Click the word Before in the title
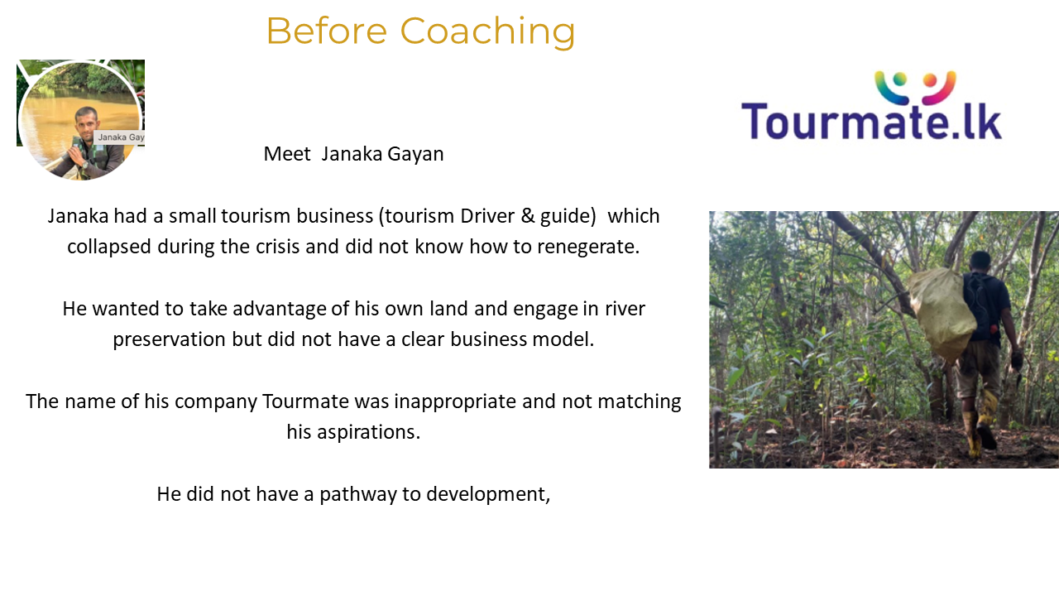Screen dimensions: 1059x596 click(327, 31)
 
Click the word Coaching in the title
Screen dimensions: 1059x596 click(487, 32)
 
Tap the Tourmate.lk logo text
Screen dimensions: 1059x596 click(871, 121)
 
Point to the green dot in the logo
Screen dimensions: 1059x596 click(899, 79)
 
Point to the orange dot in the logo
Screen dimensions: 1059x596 click(930, 80)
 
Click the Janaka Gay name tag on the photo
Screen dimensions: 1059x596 click(120, 137)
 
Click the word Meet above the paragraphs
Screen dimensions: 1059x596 click(287, 154)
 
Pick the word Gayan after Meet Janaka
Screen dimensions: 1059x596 click(415, 155)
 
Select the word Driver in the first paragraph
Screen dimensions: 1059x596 click(487, 216)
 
